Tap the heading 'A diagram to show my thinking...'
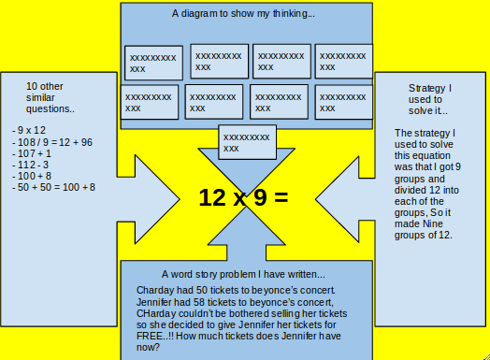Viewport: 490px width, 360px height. coord(243,14)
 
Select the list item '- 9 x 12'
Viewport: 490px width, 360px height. coord(30,130)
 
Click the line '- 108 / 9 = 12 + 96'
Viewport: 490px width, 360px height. coord(52,142)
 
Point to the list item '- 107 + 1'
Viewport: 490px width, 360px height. coord(33,153)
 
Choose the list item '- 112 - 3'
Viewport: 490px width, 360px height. coord(32,165)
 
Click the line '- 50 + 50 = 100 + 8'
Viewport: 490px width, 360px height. coord(54,187)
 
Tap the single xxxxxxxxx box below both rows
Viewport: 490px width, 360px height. coord(247,143)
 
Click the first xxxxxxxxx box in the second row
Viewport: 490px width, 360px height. coord(149,101)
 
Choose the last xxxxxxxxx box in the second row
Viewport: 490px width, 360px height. coord(343,101)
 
